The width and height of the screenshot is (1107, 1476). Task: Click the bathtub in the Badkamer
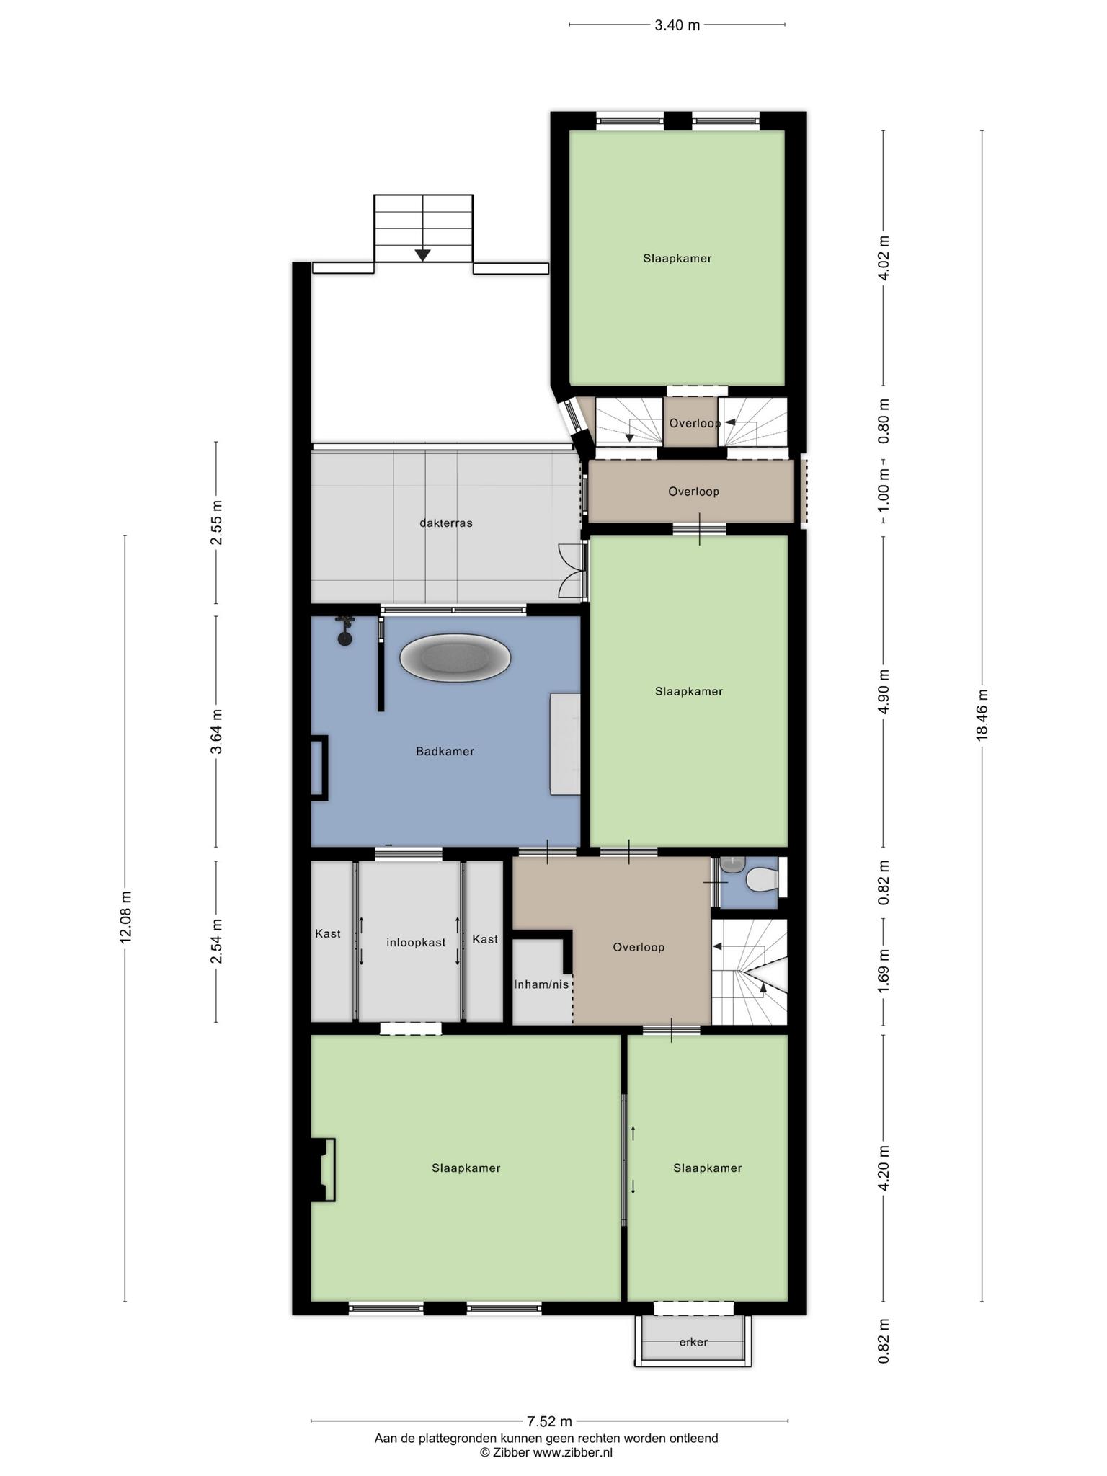point(455,658)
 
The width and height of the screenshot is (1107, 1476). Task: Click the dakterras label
point(446,523)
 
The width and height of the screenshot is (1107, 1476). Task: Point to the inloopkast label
point(416,943)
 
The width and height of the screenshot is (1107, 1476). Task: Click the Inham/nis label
point(541,984)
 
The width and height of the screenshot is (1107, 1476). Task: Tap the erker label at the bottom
point(693,1342)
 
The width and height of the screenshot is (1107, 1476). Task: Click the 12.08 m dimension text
point(126,917)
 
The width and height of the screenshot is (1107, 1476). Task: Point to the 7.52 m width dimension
point(549,1421)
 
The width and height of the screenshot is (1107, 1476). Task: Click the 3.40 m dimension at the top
point(677,25)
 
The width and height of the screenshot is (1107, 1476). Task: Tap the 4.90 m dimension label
point(884,691)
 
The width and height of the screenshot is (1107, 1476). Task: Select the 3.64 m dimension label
point(216,732)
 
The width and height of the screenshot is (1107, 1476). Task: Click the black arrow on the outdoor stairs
point(423,255)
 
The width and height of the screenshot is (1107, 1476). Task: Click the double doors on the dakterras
point(572,571)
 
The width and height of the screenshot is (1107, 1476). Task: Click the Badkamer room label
point(445,752)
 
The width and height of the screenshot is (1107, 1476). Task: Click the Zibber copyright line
point(546,1453)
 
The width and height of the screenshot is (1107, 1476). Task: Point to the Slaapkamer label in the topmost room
point(677,259)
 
